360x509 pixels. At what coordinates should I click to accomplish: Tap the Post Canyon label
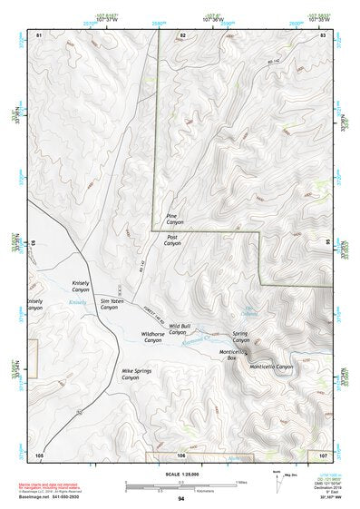pyautogui.click(x=172, y=240)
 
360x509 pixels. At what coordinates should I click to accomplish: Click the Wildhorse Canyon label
pyautogui.click(x=152, y=337)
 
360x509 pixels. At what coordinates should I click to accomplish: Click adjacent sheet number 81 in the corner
pyautogui.click(x=39, y=34)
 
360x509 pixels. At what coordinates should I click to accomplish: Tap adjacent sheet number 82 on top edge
pyautogui.click(x=182, y=34)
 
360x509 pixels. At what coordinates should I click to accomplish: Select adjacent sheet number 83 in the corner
pyautogui.click(x=322, y=34)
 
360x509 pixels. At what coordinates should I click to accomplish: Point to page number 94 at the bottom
pyautogui.click(x=180, y=500)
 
